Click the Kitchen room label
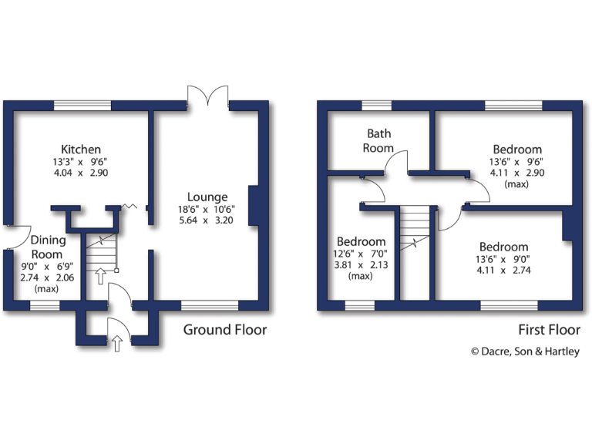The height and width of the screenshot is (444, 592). (82, 149)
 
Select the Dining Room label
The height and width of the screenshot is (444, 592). (48, 247)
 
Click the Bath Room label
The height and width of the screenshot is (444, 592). (379, 140)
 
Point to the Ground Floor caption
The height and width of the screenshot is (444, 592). (225, 330)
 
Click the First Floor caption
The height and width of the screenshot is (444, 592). (549, 330)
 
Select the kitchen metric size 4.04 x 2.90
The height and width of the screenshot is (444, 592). (82, 173)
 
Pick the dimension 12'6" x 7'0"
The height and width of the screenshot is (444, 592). (361, 254)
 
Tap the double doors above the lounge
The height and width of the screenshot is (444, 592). (208, 96)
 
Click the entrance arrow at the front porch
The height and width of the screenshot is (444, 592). (117, 342)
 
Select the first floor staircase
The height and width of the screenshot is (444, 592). (415, 231)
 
